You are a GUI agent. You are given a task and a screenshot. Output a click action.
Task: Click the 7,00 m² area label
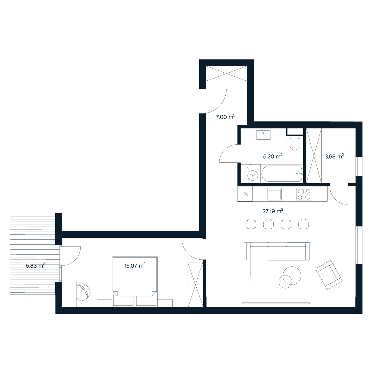225,117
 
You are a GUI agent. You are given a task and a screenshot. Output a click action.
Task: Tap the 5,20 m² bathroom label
273,156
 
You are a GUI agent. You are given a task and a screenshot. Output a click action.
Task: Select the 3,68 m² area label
334,156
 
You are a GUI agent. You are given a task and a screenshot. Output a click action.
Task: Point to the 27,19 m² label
273,211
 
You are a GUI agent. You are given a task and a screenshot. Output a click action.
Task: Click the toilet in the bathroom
295,143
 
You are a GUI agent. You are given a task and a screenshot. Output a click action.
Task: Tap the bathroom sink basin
263,135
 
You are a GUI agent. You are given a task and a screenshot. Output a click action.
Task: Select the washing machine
253,174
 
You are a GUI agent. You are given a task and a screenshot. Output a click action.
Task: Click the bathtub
282,174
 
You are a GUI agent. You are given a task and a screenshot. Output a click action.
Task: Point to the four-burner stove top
304,194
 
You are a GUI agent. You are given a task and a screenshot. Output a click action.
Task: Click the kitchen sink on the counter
275,194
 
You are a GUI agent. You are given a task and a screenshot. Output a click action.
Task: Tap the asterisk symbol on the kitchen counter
246,194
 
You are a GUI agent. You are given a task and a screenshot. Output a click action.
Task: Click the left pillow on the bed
123,301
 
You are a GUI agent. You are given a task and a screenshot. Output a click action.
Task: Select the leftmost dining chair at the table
251,224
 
